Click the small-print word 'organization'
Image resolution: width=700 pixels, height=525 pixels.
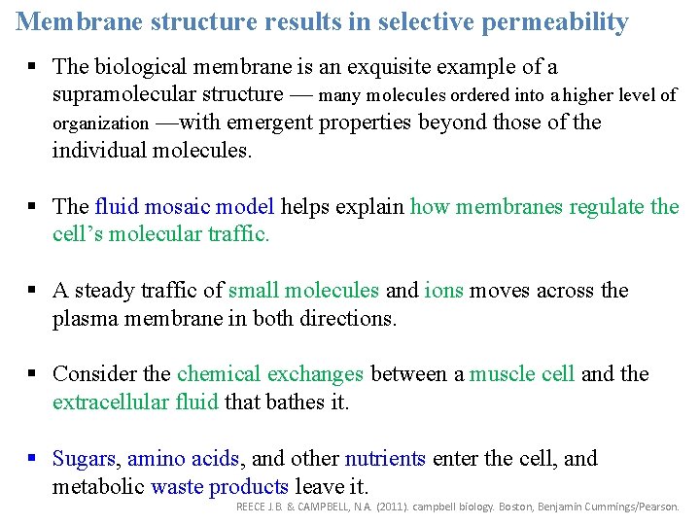click(x=101, y=123)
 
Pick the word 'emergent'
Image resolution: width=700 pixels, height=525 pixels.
click(x=272, y=122)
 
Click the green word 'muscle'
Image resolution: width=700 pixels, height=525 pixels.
click(x=501, y=374)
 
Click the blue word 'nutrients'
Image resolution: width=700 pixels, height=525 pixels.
click(x=385, y=459)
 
